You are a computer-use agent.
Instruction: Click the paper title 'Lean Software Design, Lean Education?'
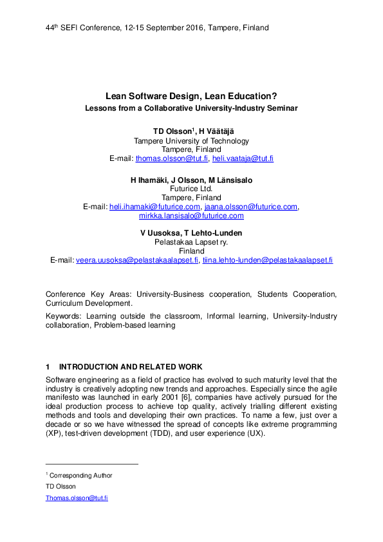coord(191,96)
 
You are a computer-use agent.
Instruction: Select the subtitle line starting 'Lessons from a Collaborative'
coord(191,108)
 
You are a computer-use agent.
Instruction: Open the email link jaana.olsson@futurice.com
coord(250,207)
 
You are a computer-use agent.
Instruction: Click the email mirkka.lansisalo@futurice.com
coord(191,216)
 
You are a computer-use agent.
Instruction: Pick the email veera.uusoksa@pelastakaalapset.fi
coord(137,260)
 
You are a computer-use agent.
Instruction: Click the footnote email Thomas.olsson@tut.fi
coord(76,498)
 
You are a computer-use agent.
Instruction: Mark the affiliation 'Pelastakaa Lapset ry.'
coord(191,242)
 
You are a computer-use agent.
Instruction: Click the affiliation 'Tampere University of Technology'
coord(191,140)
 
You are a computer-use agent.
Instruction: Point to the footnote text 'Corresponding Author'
coord(80,476)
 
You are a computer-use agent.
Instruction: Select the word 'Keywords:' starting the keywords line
coord(64,316)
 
